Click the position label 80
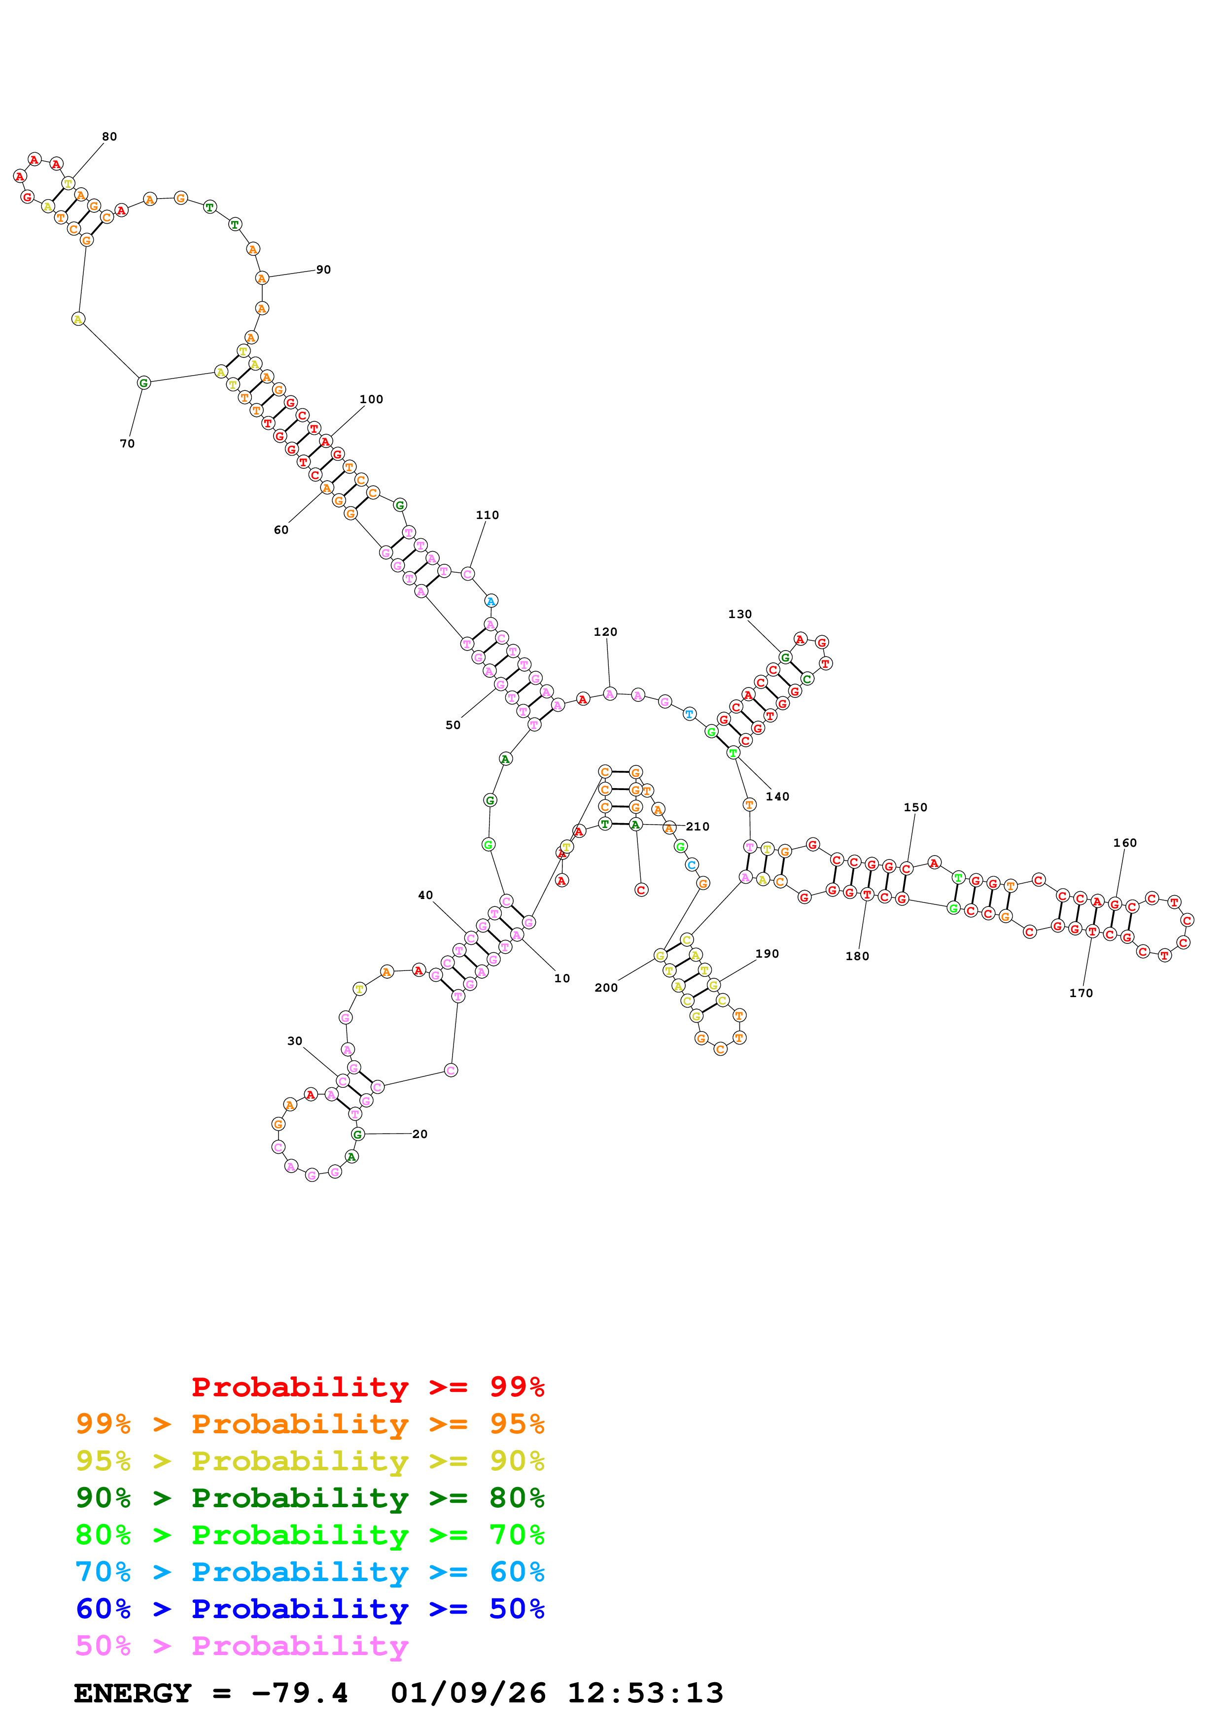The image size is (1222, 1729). tap(109, 137)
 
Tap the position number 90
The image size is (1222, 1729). tap(323, 270)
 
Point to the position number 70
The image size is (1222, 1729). tap(127, 444)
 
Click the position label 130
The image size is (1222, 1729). tap(739, 614)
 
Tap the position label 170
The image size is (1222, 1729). tap(1081, 993)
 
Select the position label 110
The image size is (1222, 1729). tap(487, 515)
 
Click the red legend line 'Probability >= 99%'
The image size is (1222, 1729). tap(367, 1387)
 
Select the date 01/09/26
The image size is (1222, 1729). tap(468, 1694)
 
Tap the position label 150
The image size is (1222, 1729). tap(915, 807)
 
